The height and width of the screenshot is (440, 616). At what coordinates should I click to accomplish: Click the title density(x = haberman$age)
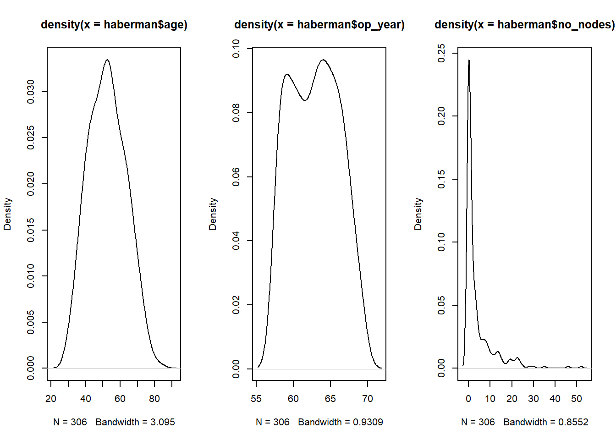114,25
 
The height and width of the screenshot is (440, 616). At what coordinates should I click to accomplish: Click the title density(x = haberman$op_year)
319,25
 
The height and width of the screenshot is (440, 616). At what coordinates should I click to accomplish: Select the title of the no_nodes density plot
524,25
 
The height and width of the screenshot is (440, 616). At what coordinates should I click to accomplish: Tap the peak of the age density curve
107,60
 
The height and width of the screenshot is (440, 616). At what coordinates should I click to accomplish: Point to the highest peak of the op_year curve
323,60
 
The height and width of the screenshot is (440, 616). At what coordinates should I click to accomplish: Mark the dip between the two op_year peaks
305,100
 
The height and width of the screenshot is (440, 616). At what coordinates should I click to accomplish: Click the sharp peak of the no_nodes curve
469,60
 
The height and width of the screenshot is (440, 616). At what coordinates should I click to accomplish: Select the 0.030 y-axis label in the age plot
31,92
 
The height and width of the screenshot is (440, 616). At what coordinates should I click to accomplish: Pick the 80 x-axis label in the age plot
154,399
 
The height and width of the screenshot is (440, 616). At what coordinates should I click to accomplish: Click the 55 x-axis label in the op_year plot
256,399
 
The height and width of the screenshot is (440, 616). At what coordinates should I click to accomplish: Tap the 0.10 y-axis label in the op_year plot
236,49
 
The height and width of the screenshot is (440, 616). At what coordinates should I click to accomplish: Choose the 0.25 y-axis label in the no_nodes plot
441,53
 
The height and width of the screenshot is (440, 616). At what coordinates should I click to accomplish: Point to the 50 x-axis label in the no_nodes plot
577,399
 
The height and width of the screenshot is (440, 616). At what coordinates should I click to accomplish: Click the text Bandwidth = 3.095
135,422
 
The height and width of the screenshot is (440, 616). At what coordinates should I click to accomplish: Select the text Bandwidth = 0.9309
341,422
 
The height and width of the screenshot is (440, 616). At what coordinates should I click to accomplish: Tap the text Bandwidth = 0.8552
546,422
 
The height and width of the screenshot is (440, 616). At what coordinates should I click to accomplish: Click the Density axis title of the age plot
7,214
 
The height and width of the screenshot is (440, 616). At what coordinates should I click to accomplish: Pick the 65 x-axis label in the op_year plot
330,399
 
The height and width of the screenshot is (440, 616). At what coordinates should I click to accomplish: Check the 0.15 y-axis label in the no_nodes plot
441,179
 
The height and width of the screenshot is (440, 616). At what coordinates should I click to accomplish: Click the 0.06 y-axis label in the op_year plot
236,177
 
